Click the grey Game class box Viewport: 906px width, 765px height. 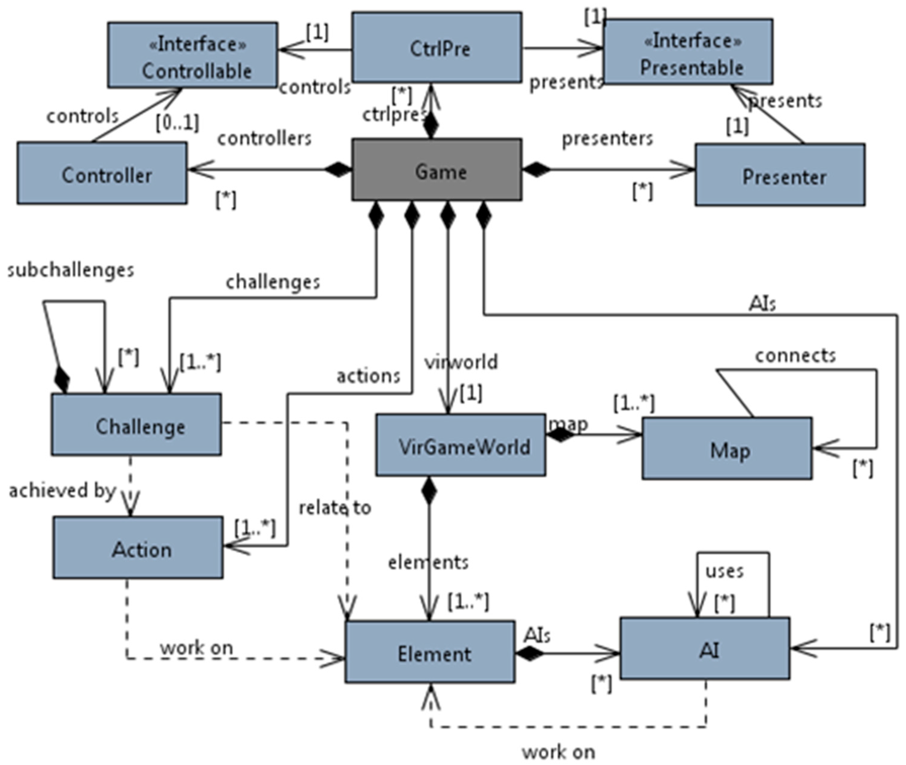pos(436,170)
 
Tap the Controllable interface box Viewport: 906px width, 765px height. pos(193,55)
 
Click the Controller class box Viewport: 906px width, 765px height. pos(102,173)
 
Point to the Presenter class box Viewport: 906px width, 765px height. pos(780,175)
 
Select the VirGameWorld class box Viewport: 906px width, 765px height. pos(461,445)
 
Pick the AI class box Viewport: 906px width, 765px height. pos(705,648)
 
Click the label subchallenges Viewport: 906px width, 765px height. pos(71,270)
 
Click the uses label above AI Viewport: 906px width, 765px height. pos(724,571)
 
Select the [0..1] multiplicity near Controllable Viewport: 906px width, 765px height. pos(177,123)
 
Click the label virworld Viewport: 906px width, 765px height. pos(461,362)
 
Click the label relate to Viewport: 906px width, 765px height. pos(335,507)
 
